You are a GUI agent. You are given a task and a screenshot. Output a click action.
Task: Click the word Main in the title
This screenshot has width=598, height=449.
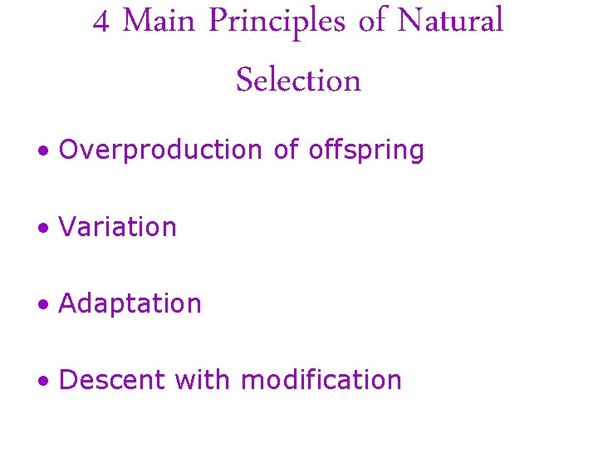159,22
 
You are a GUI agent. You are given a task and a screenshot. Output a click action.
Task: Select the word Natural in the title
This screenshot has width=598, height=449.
450,22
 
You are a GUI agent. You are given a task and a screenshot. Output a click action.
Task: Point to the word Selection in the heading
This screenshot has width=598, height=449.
298,81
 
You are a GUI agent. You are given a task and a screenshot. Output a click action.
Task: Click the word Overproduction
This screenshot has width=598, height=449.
160,150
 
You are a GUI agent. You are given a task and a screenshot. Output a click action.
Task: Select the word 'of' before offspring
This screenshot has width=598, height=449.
286,150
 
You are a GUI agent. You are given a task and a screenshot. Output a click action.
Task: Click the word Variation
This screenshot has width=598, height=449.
118,227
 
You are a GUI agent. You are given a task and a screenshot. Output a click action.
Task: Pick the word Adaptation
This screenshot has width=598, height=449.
130,304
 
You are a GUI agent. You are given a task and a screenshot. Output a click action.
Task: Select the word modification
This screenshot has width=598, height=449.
321,380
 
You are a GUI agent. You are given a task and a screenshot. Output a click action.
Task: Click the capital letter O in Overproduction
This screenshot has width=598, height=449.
69,150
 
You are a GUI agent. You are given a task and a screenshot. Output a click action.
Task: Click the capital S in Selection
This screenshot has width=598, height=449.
245,81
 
